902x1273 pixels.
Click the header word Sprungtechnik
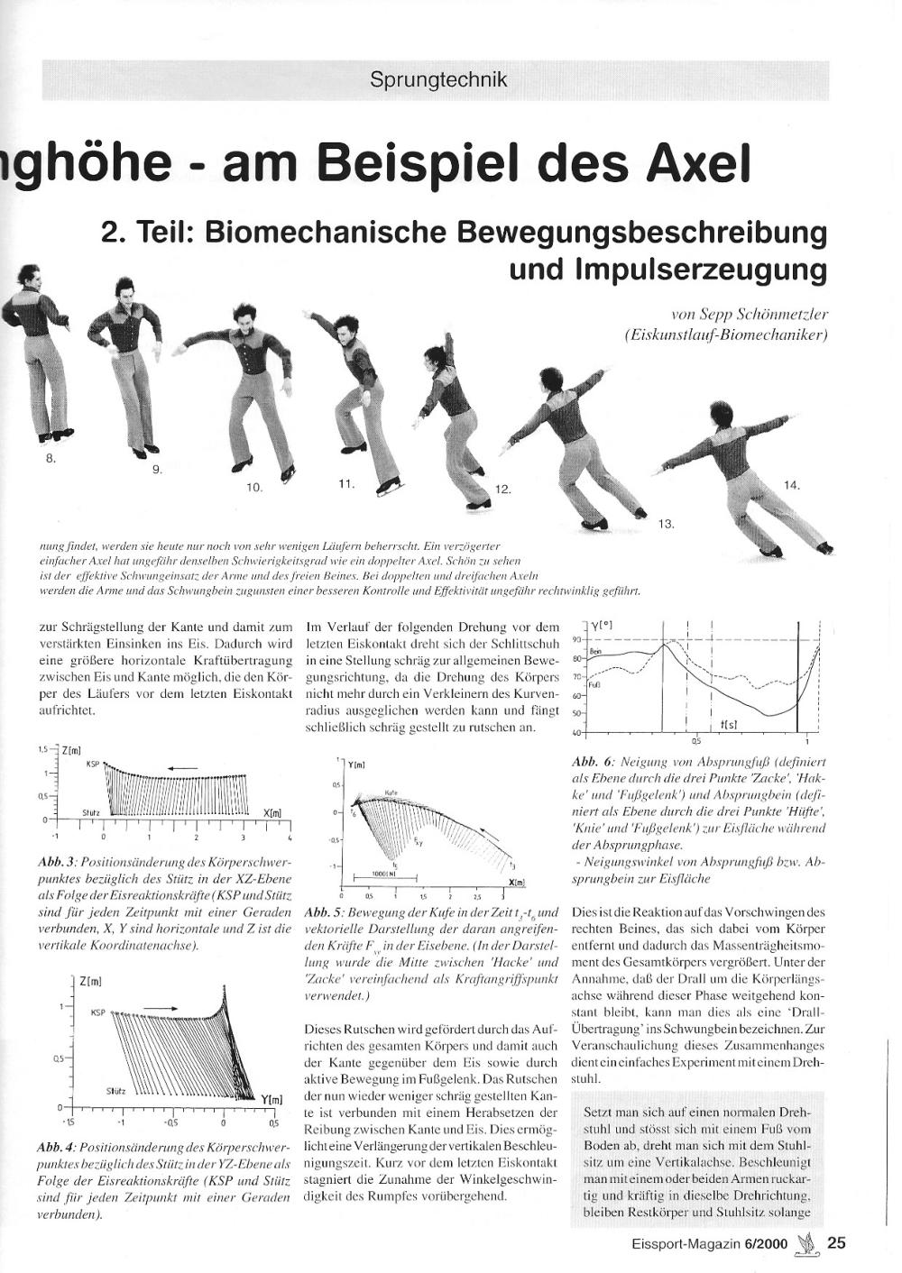tap(438, 79)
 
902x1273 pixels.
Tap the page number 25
tap(836, 1243)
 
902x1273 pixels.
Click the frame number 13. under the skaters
tap(667, 524)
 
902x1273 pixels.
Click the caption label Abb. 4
tap(56, 1148)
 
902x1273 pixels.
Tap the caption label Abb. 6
tap(591, 762)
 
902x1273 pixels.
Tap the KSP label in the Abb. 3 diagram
tap(92, 763)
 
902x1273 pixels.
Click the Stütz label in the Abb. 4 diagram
tap(115, 1090)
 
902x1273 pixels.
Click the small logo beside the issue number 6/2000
tap(807, 1243)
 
